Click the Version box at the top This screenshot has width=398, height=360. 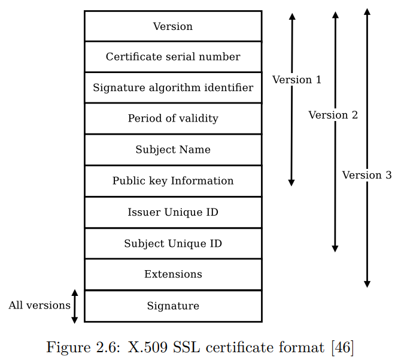(x=173, y=26)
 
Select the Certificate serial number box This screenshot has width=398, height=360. (x=173, y=57)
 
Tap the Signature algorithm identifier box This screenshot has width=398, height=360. (x=173, y=88)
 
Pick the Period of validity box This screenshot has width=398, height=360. (x=173, y=119)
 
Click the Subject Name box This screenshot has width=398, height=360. (x=173, y=150)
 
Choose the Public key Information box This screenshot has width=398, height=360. (x=173, y=181)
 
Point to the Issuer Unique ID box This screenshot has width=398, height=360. (x=173, y=213)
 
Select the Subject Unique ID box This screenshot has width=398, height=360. (x=173, y=244)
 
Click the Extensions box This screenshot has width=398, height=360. (x=173, y=274)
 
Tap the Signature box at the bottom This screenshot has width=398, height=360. (x=173, y=306)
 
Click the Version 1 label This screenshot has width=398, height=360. (x=297, y=80)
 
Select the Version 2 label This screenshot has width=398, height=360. (x=333, y=115)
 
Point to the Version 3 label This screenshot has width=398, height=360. (x=367, y=175)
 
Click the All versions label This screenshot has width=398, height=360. (x=40, y=305)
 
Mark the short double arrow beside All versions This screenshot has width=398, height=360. (x=75, y=307)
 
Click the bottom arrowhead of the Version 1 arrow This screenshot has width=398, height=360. (x=291, y=182)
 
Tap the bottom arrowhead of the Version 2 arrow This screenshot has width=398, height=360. (x=335, y=248)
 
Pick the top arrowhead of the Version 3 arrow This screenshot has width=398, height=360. (x=367, y=12)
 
